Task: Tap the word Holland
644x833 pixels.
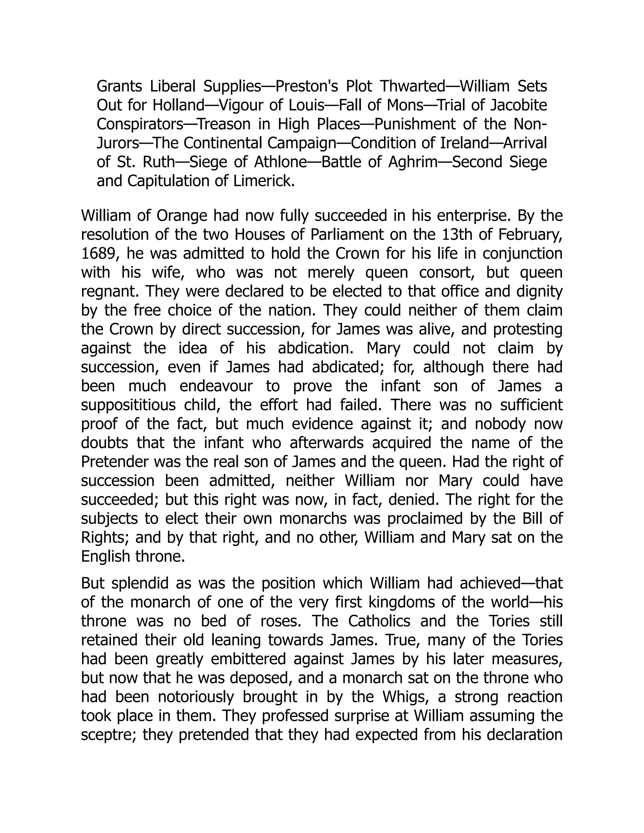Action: click(x=179, y=105)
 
